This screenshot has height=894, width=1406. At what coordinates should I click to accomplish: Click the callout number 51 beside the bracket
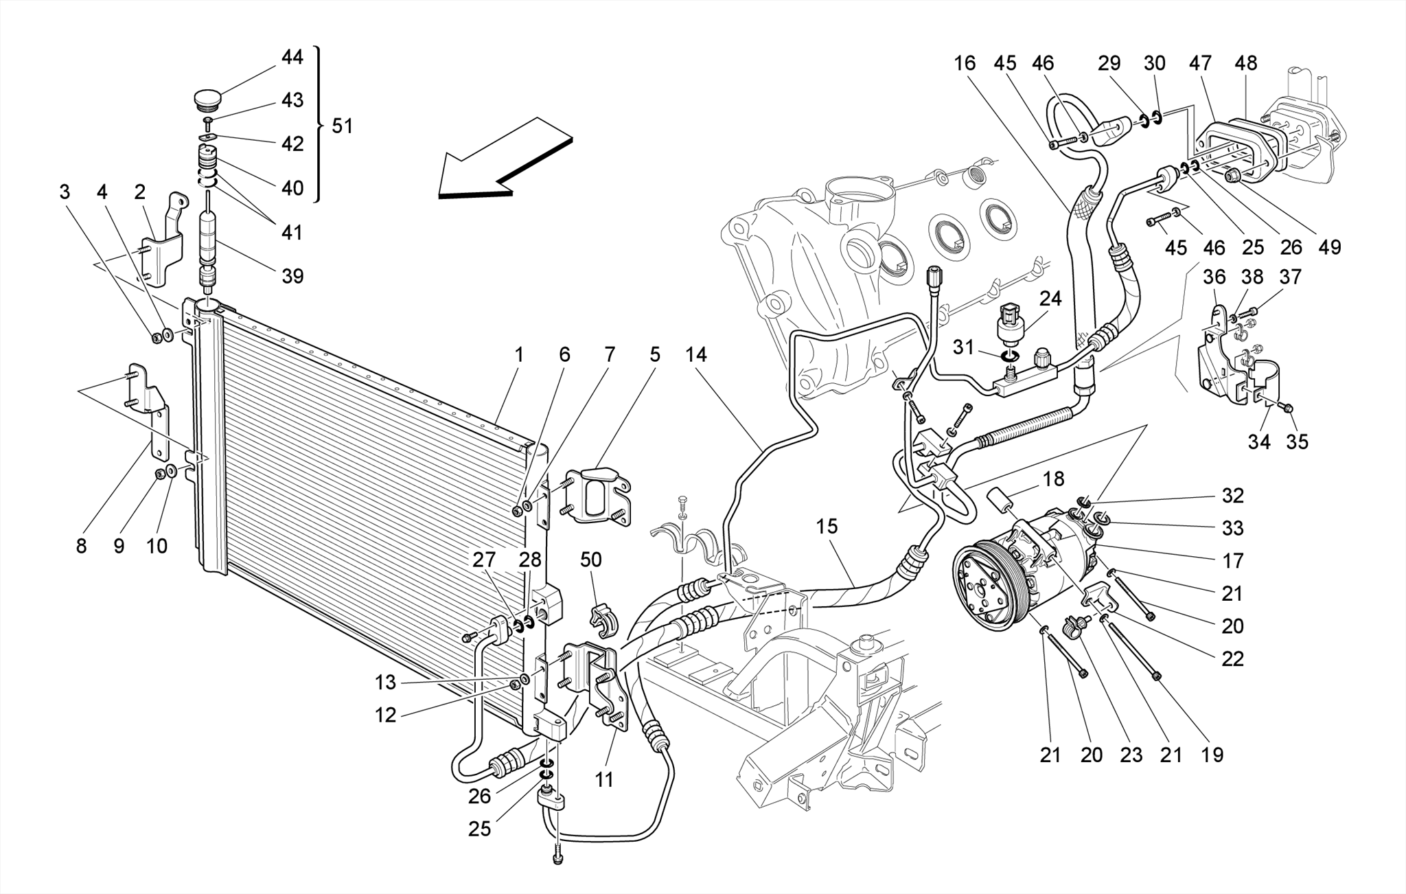[341, 126]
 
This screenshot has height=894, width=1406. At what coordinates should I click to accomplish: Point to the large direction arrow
[505, 162]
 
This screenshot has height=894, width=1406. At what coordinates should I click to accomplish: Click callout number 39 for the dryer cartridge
[292, 276]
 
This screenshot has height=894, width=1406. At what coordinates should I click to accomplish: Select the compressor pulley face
[989, 592]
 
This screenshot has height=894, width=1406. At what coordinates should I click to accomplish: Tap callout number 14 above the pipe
[695, 355]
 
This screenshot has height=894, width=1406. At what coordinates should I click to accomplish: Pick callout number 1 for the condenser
[518, 355]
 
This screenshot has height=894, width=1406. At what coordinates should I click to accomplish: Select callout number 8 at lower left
[81, 547]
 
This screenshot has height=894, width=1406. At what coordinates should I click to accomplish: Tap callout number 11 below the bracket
[603, 780]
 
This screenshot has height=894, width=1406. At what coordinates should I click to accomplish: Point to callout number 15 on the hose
[827, 527]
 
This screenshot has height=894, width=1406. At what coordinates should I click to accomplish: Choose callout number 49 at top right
[1329, 247]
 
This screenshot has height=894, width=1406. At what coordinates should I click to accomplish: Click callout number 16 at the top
[964, 63]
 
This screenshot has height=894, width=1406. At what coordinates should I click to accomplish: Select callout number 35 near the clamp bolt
[1297, 442]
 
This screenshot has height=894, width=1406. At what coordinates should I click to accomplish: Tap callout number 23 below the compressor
[1131, 755]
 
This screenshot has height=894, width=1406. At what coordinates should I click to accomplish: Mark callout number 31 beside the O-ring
[963, 347]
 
